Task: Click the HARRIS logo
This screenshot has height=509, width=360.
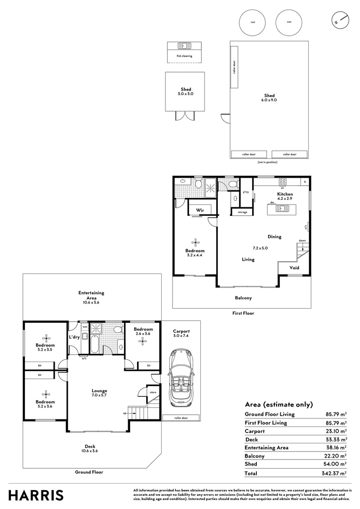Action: tap(36, 495)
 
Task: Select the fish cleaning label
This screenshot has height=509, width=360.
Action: tap(184, 56)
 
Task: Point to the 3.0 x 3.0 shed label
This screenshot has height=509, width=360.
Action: tap(186, 94)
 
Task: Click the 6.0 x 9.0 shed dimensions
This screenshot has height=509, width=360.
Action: tap(269, 100)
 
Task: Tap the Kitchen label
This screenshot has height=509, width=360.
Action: tap(285, 194)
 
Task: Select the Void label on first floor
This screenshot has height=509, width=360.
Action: tap(294, 267)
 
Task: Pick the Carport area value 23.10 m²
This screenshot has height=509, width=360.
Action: tap(337, 431)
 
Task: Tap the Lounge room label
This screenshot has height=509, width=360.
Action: tap(99, 390)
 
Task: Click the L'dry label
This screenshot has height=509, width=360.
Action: tap(74, 337)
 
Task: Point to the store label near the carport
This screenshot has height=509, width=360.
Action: tap(153, 392)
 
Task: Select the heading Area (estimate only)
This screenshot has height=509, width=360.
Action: tap(278, 404)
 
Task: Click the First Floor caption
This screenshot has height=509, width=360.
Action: tap(244, 313)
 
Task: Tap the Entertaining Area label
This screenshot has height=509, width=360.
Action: tap(91, 296)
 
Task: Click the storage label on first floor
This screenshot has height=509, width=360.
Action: tap(242, 212)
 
